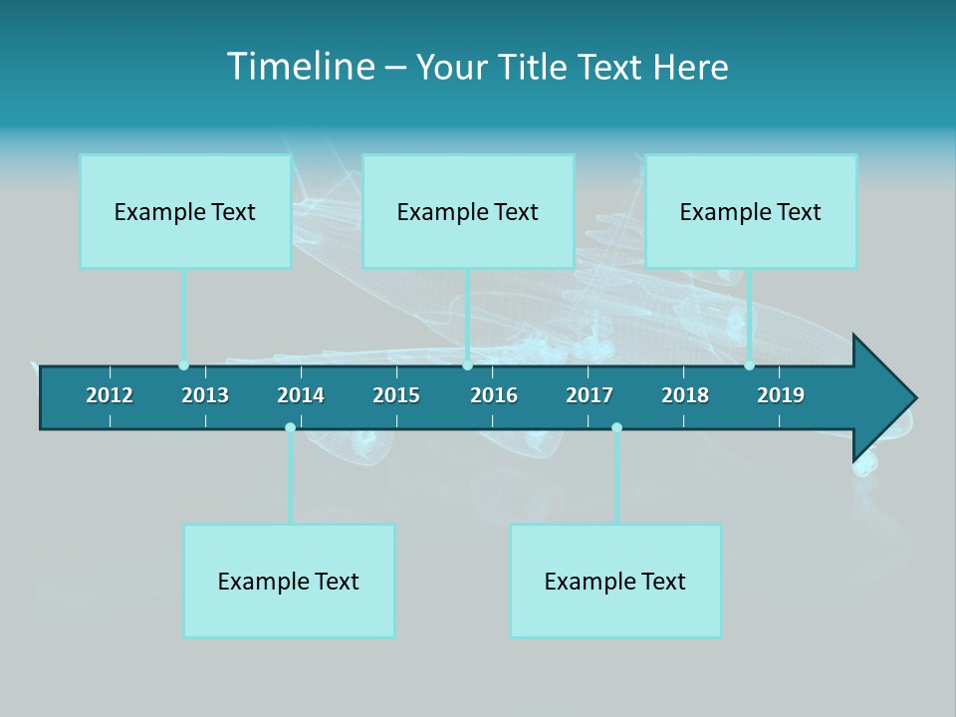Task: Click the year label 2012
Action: click(110, 395)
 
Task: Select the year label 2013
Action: click(205, 395)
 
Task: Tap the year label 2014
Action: click(301, 395)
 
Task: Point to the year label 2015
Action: click(396, 395)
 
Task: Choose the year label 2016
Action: click(494, 395)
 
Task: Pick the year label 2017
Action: click(590, 395)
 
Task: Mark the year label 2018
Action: click(685, 395)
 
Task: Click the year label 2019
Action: click(781, 395)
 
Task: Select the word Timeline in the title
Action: click(299, 67)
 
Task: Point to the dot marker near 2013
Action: click(183, 365)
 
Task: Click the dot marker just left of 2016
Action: click(467, 365)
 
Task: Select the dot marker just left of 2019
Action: click(749, 365)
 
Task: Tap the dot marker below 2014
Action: click(290, 427)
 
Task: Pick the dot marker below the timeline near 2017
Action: click(616, 427)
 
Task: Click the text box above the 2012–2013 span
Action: click(185, 211)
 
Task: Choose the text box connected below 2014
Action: click(289, 581)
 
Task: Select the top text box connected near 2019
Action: click(751, 211)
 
